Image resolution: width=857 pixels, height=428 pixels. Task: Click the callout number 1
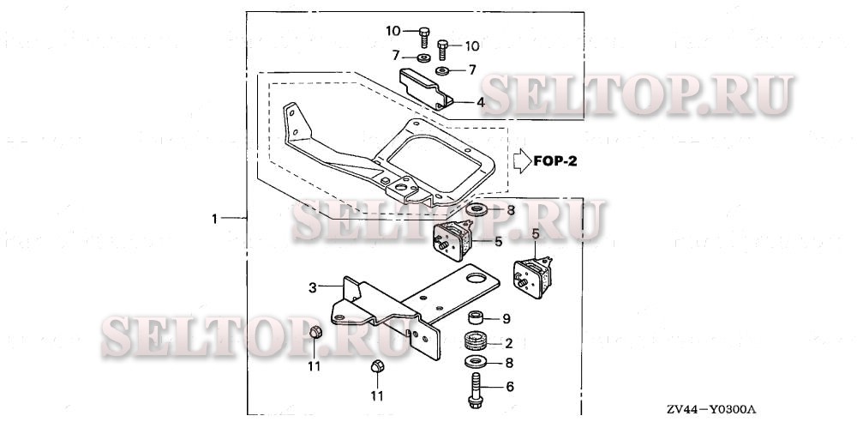coord(214,220)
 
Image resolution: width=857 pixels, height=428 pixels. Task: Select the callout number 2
coord(508,343)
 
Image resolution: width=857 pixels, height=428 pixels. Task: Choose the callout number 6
coord(509,387)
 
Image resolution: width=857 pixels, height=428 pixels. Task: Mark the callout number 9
coord(506,319)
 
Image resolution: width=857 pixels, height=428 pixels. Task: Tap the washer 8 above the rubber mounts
coord(476,209)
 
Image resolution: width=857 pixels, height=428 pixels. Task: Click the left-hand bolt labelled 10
coord(424,36)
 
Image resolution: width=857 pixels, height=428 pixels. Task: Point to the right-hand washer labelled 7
coord(442,69)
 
